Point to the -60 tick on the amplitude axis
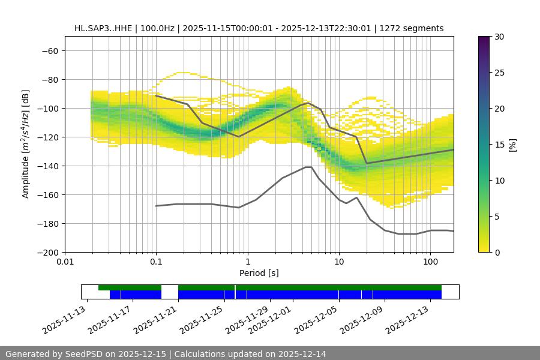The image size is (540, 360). (x=49, y=50)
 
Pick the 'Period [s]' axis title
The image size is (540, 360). (x=259, y=273)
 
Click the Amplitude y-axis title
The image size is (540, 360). (x=26, y=144)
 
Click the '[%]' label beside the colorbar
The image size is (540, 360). (x=512, y=145)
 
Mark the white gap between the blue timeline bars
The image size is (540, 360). (x=170, y=292)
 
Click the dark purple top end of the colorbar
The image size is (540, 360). (x=484, y=39)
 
